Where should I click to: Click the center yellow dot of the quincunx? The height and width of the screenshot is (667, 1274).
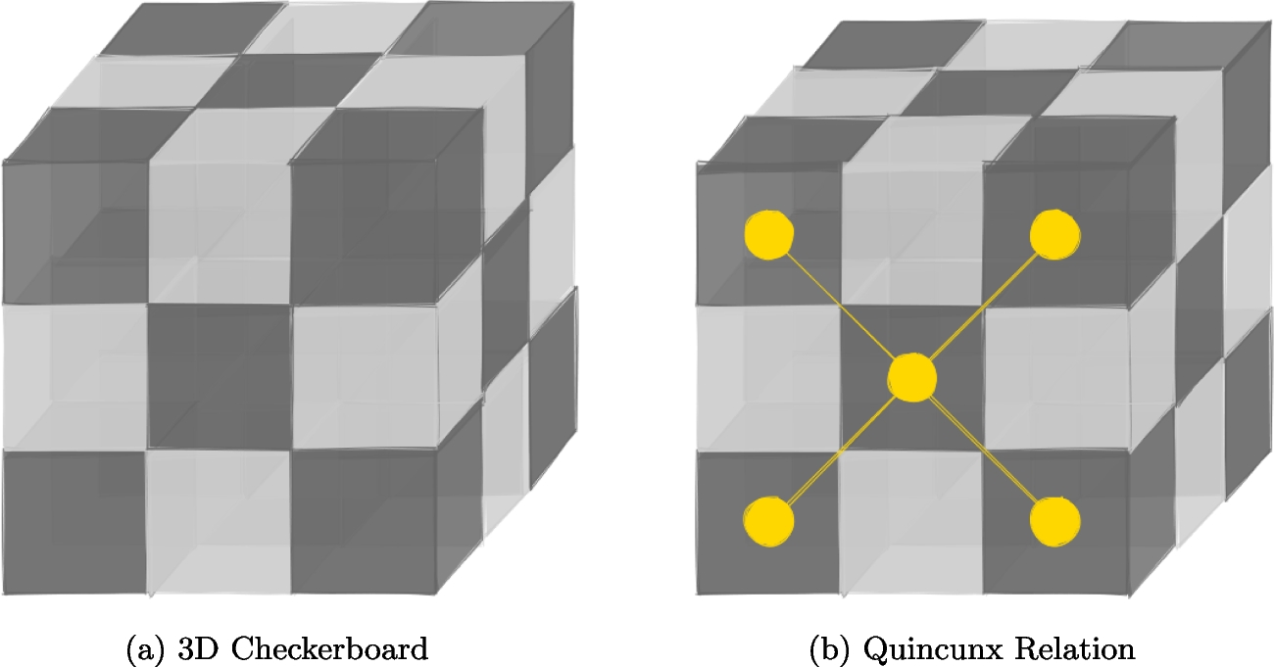pos(912,377)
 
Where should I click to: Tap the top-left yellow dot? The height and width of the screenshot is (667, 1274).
pos(768,235)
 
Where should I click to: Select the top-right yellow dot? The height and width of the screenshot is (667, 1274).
pos(1055,233)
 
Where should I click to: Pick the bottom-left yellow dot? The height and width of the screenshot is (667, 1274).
pos(768,520)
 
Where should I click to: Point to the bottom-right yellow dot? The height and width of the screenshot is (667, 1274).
pos(1055,520)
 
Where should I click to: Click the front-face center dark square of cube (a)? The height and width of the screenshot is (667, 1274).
pos(220,377)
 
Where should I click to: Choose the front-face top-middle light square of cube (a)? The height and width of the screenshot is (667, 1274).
pos(220,230)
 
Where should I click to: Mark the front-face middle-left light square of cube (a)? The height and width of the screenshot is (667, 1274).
pos(75,377)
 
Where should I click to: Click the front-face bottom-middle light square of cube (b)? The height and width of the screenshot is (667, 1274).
pos(912,521)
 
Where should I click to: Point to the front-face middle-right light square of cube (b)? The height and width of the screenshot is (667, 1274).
pos(1055,377)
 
